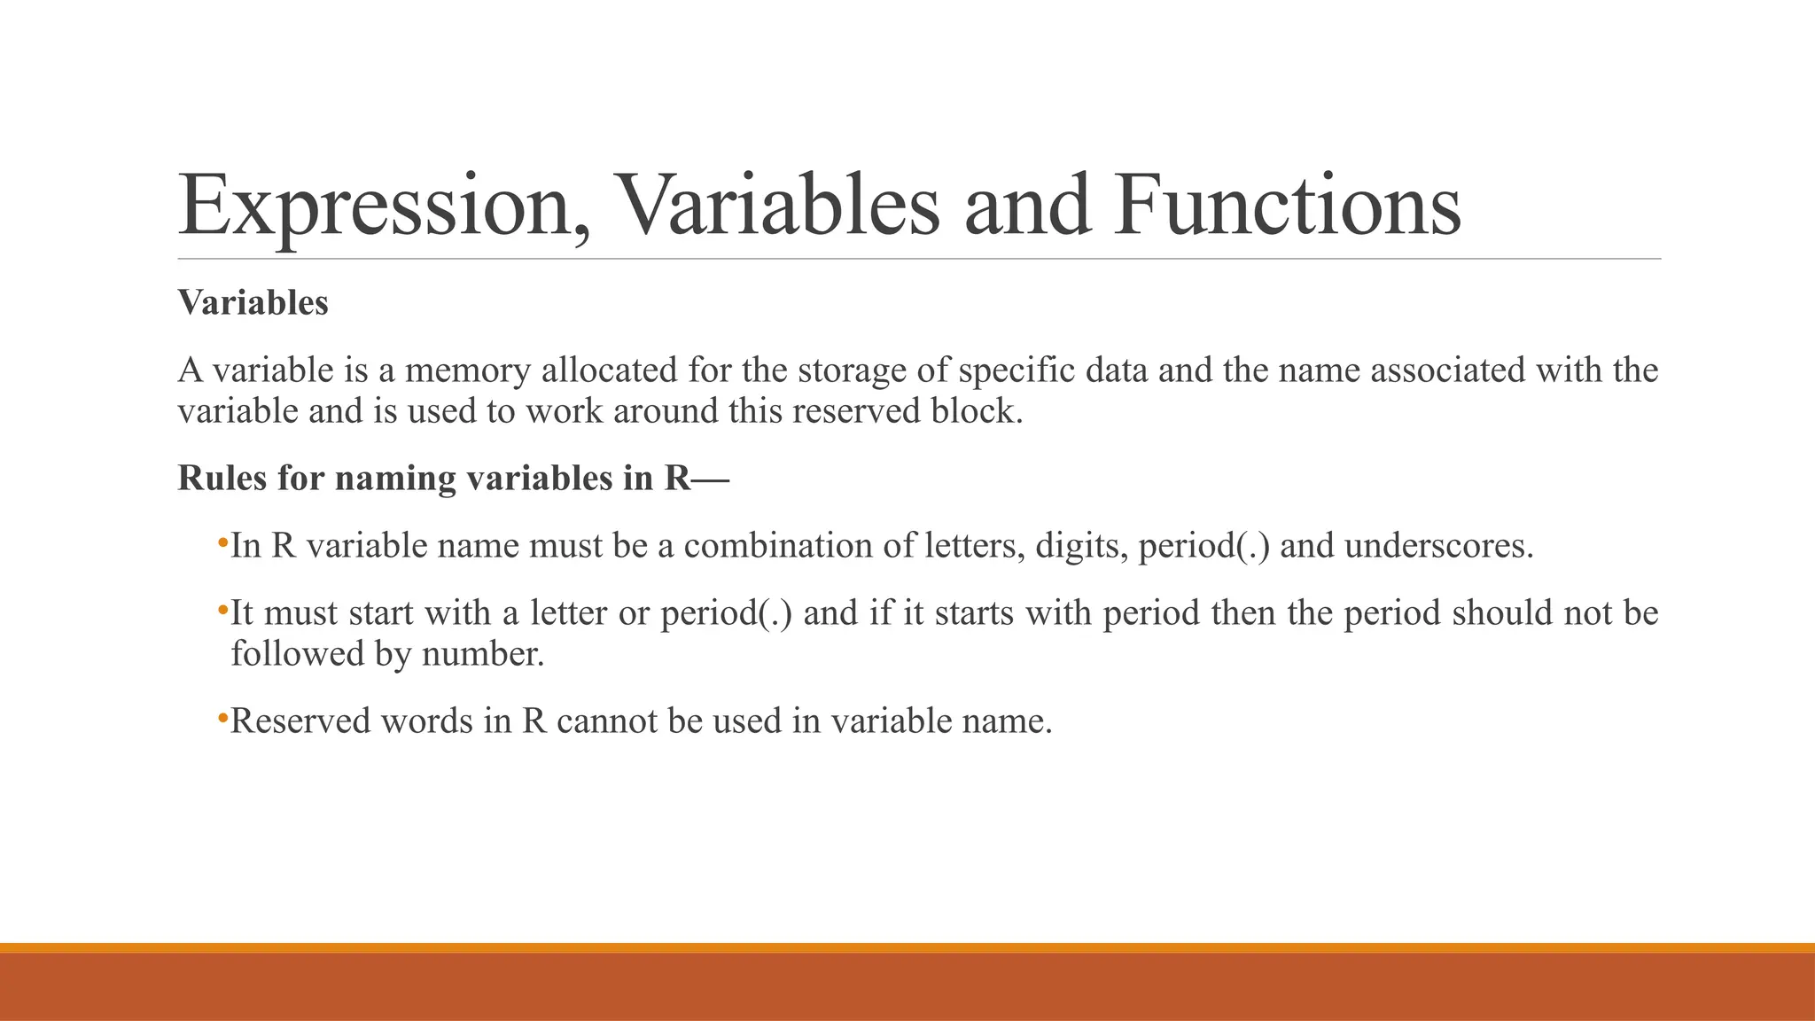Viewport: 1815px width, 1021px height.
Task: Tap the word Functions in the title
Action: (1288, 206)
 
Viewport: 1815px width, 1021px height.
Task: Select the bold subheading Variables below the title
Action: (253, 303)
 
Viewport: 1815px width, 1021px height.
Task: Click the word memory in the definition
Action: (467, 370)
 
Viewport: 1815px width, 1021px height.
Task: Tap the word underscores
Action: (1438, 546)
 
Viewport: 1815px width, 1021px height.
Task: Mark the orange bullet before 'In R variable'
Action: (222, 542)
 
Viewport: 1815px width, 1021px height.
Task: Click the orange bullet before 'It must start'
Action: (222, 609)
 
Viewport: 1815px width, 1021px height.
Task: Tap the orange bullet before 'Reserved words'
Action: (222, 717)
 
